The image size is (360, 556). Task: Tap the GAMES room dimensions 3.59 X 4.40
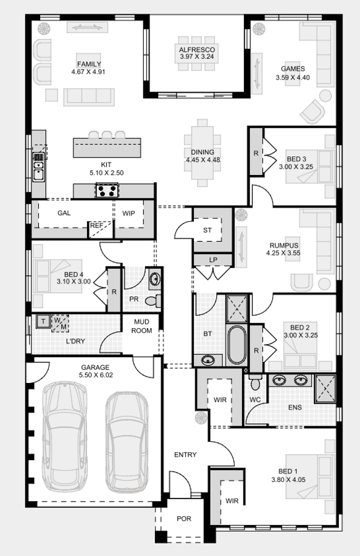coord(293,78)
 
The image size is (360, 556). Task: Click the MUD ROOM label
coord(141,326)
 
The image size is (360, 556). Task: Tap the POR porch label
coord(183,519)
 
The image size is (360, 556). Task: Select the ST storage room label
coord(207,230)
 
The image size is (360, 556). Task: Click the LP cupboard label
coord(213,260)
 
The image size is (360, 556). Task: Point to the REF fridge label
coord(96,226)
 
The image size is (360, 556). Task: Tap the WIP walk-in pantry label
coord(128,213)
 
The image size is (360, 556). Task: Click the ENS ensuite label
coord(295,408)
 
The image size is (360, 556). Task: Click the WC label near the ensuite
coord(256,400)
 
